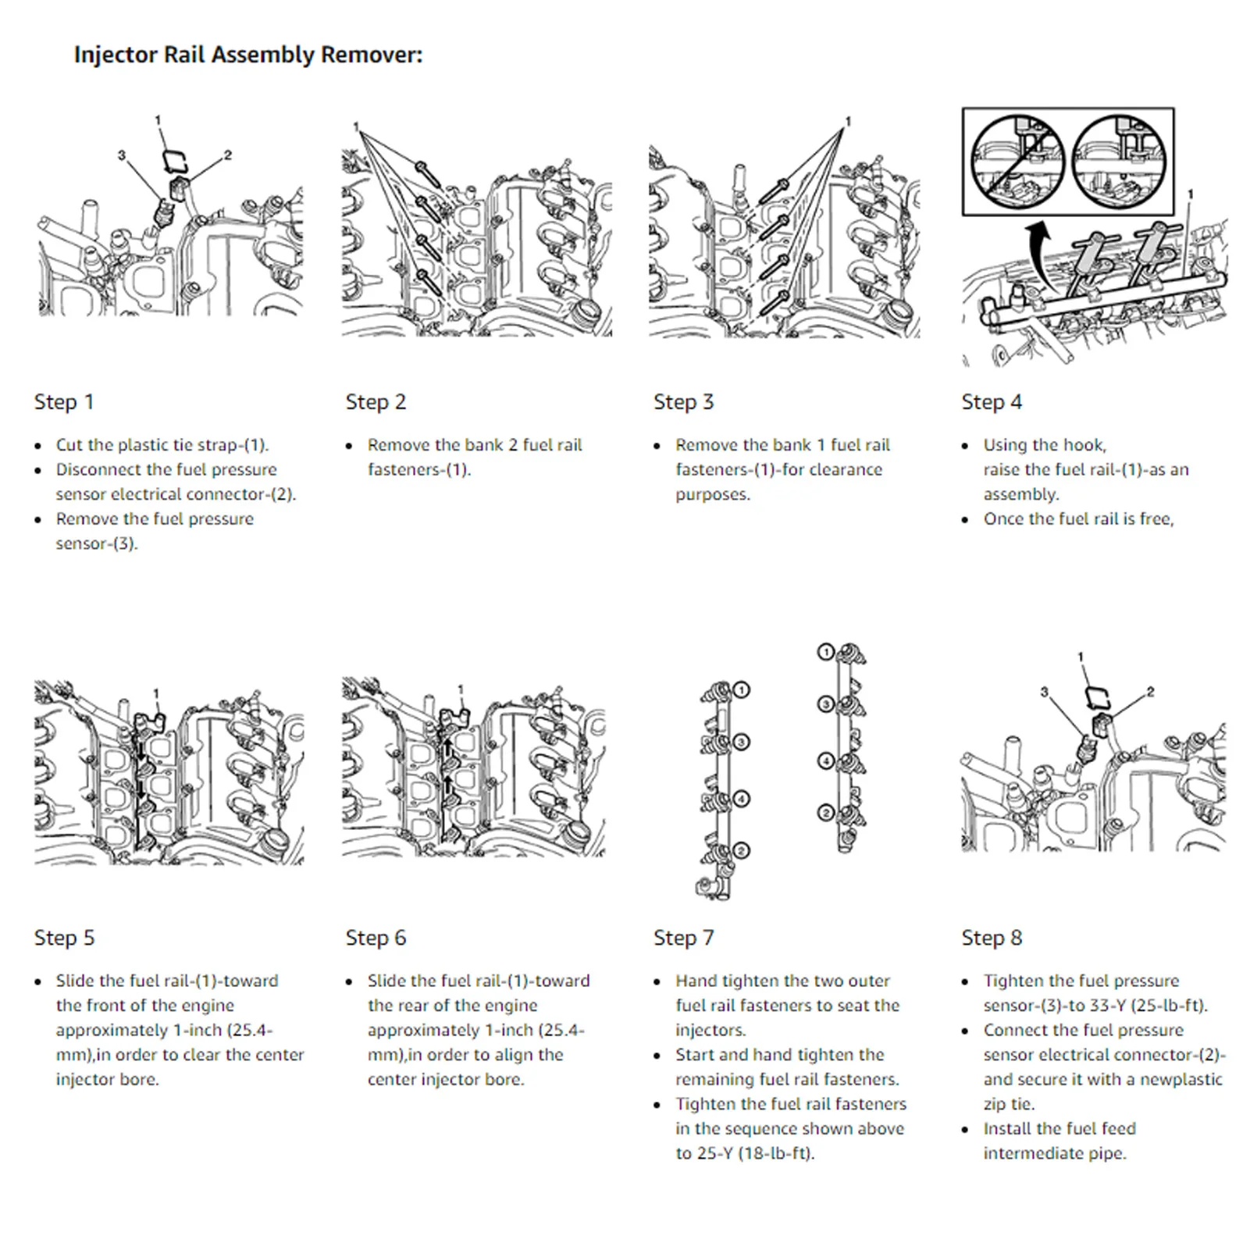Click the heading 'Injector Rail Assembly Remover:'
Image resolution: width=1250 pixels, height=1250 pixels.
pyautogui.click(x=248, y=55)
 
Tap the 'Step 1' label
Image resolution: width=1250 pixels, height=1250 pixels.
pyautogui.click(x=64, y=402)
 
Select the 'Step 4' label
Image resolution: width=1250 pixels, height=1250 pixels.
pyautogui.click(x=992, y=402)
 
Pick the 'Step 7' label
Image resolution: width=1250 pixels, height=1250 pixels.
pyautogui.click(x=684, y=938)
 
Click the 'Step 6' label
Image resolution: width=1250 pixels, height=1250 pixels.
pyautogui.click(x=376, y=938)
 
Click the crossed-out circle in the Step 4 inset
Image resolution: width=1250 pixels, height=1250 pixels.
pyautogui.click(x=1017, y=162)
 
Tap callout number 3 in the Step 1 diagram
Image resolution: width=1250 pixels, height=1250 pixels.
pyautogui.click(x=121, y=155)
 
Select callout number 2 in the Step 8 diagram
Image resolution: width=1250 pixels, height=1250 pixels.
pyautogui.click(x=1150, y=692)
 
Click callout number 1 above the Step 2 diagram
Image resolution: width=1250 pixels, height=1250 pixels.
pyautogui.click(x=356, y=126)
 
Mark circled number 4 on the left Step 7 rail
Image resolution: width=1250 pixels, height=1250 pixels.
pyautogui.click(x=742, y=799)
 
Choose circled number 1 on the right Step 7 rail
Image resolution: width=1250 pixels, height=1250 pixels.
pyautogui.click(x=824, y=652)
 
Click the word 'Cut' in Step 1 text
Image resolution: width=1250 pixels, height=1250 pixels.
pyautogui.click(x=69, y=445)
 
